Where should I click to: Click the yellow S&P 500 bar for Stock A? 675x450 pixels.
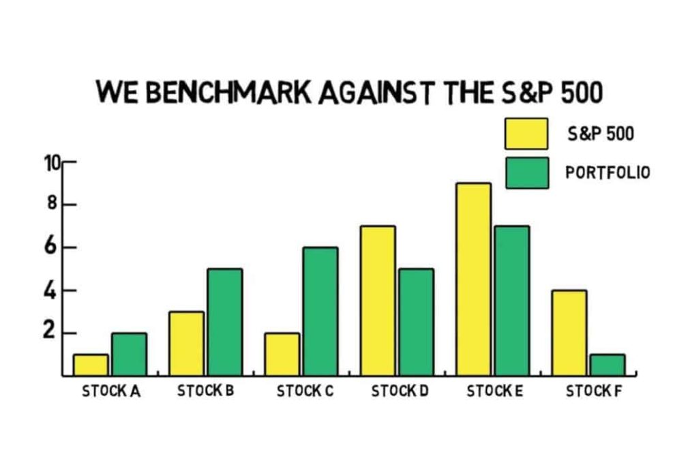coord(91,365)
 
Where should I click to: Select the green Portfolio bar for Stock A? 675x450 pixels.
coord(129,355)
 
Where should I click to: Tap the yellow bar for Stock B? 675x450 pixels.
coord(186,344)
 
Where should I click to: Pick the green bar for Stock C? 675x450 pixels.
coord(320,312)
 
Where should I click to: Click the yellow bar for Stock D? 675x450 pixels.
coord(378,301)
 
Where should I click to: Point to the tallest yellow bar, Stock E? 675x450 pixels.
coord(474,280)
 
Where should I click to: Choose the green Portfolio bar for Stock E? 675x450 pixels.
coord(512,301)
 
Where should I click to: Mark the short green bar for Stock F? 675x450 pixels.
coord(607,365)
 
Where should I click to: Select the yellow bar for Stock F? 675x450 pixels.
coord(569,333)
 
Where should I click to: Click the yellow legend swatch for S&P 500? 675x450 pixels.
coord(526,134)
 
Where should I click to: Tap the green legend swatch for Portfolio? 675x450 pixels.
coord(527,172)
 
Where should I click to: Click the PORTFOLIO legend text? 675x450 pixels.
coord(607,172)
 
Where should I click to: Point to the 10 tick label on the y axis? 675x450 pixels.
coord(52,163)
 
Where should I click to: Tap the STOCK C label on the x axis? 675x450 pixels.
coord(305,391)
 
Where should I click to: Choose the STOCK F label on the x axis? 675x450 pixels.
coord(594,391)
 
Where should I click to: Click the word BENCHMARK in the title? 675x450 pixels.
coord(228,92)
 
